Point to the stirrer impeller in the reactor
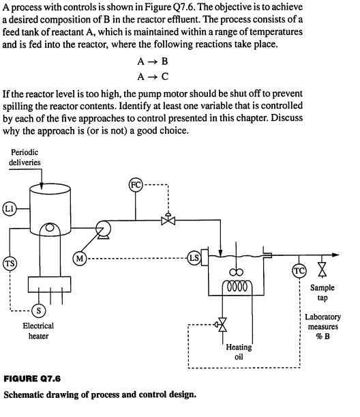(238, 273)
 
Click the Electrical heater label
(39, 331)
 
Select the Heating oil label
(239, 352)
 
